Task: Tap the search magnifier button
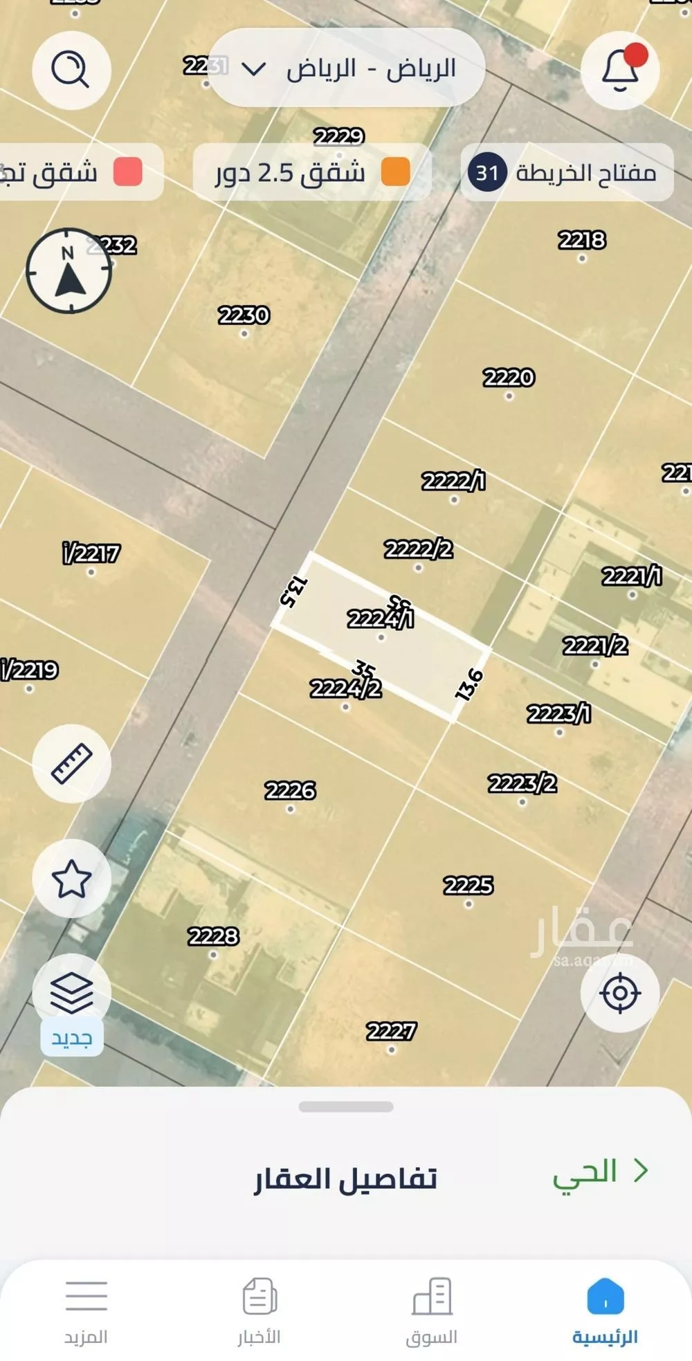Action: pyautogui.click(x=71, y=70)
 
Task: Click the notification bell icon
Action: pyautogui.click(x=620, y=70)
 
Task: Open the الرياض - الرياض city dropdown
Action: pyautogui.click(x=346, y=68)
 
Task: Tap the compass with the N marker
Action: pyautogui.click(x=69, y=271)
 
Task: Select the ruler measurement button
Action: pyautogui.click(x=71, y=763)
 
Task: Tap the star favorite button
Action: pyautogui.click(x=71, y=879)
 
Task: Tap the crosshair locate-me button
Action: pyautogui.click(x=619, y=993)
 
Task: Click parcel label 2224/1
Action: pyautogui.click(x=380, y=618)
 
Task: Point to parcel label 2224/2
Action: pyautogui.click(x=345, y=688)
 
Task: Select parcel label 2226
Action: pyautogui.click(x=290, y=790)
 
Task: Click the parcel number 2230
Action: pyautogui.click(x=244, y=316)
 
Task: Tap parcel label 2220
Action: pyautogui.click(x=509, y=378)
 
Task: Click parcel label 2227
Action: pyautogui.click(x=391, y=1032)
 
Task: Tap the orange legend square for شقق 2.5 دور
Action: pyautogui.click(x=396, y=172)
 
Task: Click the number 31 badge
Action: pyautogui.click(x=487, y=172)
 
